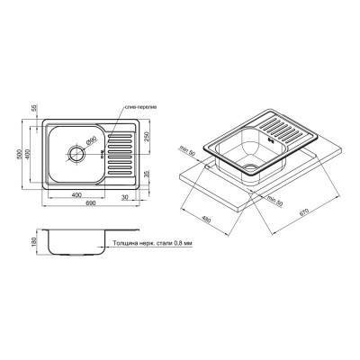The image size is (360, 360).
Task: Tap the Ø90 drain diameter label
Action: (91, 140)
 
